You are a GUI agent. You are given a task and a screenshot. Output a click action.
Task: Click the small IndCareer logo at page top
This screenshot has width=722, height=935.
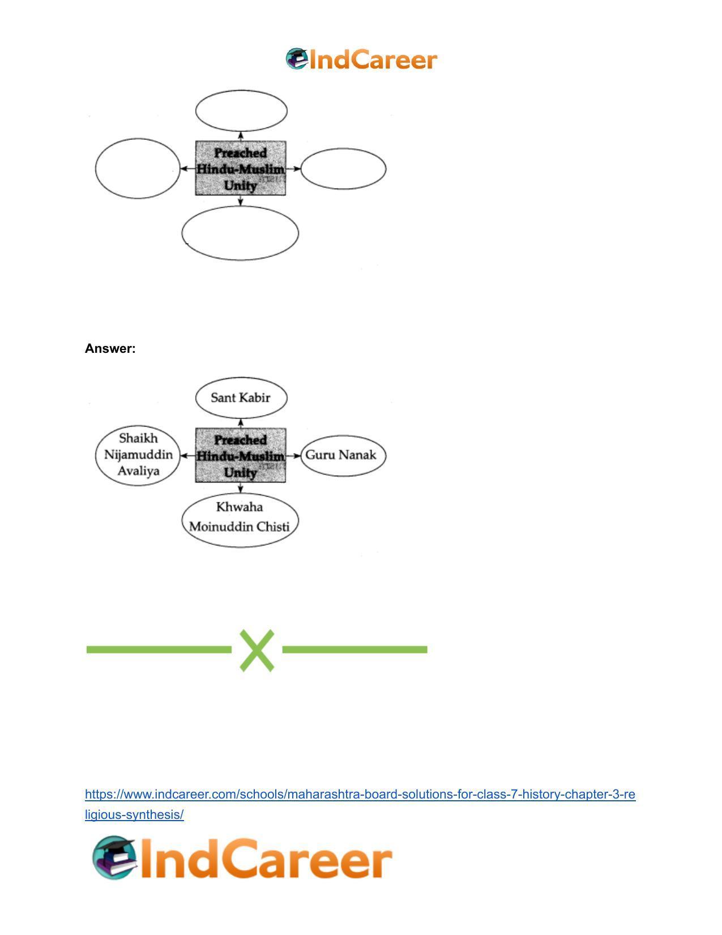[361, 59]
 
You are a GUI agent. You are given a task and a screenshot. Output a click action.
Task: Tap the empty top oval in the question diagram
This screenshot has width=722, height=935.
[241, 91]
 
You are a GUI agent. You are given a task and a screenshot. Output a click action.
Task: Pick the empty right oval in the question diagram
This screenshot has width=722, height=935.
[343, 149]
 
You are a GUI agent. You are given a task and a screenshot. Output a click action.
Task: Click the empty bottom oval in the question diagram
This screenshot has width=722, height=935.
[240, 207]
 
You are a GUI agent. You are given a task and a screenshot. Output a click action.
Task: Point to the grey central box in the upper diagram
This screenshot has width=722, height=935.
[241, 168]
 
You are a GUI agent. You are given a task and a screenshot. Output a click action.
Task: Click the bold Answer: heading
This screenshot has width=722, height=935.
[110, 348]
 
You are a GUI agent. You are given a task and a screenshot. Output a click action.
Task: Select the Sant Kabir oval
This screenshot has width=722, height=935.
[241, 378]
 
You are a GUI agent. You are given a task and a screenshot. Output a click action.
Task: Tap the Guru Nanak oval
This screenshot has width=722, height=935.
[343, 436]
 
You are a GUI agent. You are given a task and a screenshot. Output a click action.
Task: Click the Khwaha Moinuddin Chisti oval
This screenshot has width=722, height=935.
[240, 493]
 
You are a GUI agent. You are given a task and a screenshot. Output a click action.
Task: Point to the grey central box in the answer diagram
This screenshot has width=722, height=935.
[241, 455]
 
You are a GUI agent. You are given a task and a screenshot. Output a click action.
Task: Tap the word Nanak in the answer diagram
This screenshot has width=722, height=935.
[357, 455]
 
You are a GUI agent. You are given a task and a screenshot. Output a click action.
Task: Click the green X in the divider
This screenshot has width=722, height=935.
[257, 650]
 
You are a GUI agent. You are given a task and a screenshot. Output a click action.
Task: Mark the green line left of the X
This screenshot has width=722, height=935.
[159, 650]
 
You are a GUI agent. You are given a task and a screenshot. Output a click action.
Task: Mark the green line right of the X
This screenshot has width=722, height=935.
[354, 650]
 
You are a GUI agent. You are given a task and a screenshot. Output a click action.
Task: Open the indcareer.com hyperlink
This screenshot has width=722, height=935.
[360, 795]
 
